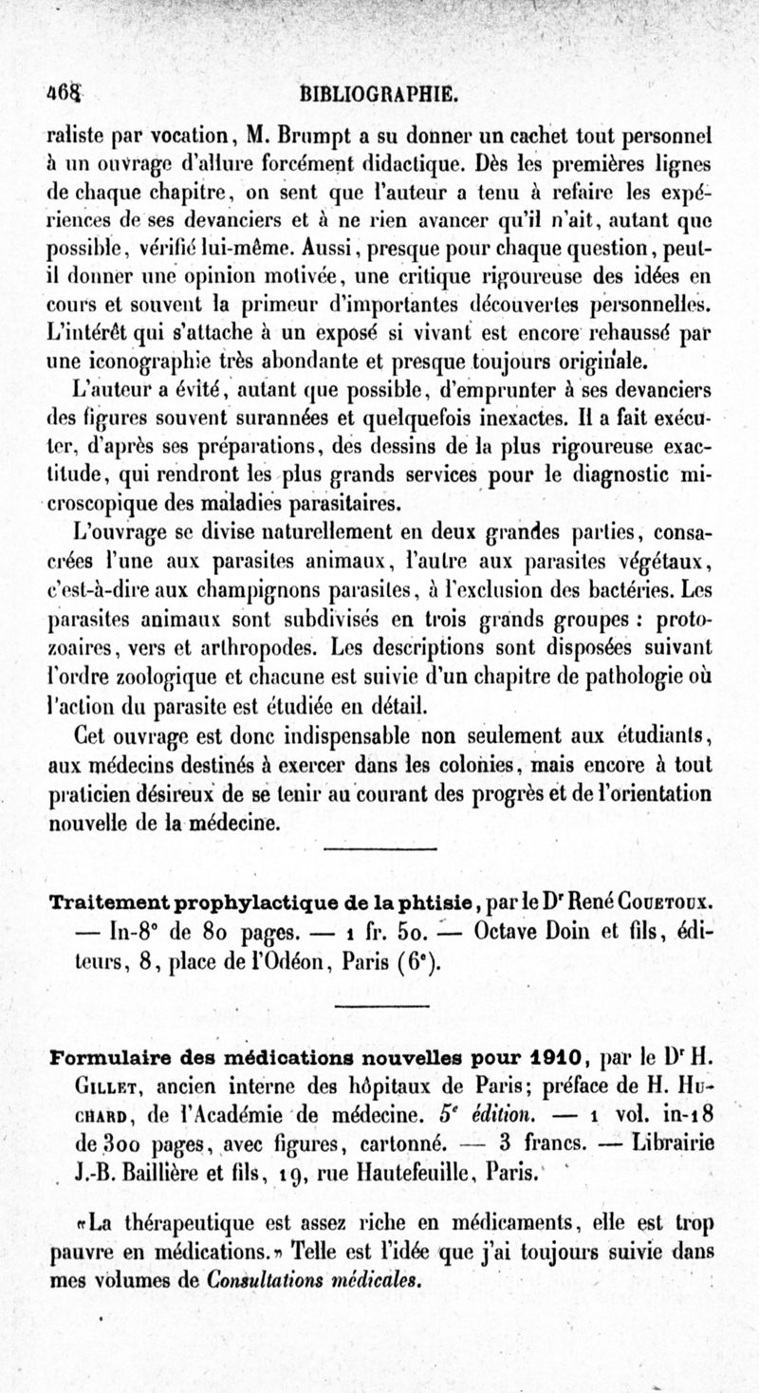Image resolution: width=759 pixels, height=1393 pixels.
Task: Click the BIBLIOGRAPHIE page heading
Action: coord(379,94)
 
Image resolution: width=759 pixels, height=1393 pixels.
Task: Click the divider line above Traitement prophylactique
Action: coord(379,847)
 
